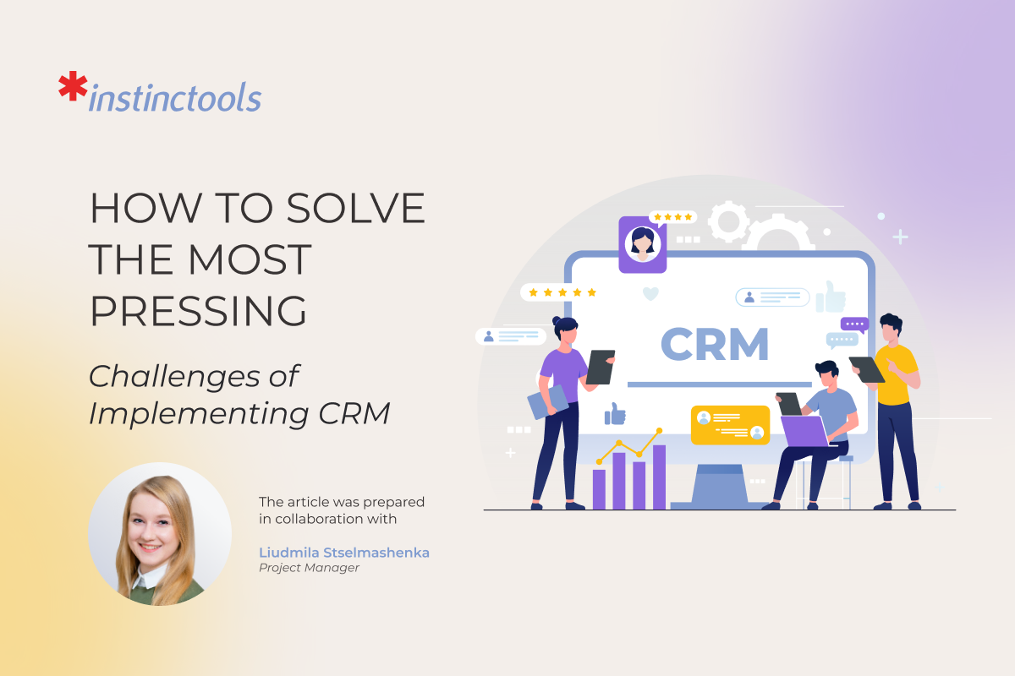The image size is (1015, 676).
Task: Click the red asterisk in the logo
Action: point(73,88)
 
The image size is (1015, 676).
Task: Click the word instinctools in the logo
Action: point(175,98)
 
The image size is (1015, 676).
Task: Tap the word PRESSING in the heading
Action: point(199,311)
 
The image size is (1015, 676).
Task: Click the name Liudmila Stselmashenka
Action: point(344,553)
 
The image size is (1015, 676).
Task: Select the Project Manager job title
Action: point(309,568)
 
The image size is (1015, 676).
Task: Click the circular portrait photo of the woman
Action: point(160,534)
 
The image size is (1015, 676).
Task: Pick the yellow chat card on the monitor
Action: point(730,425)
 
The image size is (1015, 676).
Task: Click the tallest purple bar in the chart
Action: point(659,477)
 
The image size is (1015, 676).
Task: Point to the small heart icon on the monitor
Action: point(650,294)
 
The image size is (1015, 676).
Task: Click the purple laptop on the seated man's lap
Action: point(803,431)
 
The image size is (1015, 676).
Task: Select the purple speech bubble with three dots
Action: point(854,324)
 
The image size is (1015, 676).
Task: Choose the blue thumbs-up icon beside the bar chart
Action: point(615,413)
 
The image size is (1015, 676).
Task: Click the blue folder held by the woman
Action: point(547,401)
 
